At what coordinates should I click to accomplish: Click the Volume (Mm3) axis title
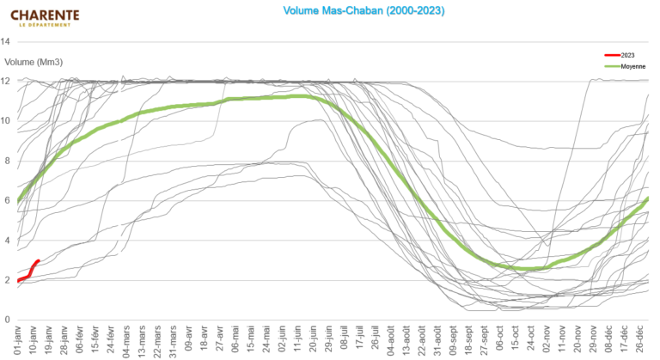34,61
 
